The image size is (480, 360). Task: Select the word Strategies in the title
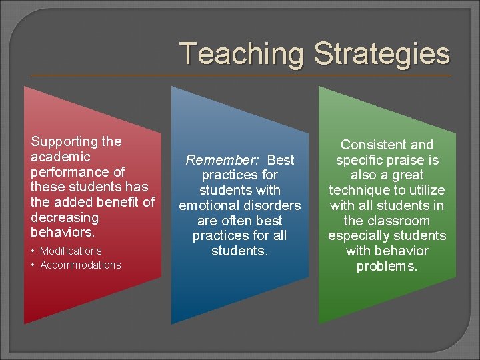381,54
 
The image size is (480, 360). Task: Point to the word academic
60,157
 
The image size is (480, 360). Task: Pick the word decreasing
64,217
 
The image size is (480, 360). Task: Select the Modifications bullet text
71,251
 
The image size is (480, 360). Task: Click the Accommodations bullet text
81,265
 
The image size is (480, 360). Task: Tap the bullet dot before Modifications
33,251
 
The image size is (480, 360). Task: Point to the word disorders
273,205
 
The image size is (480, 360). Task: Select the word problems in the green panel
387,266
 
